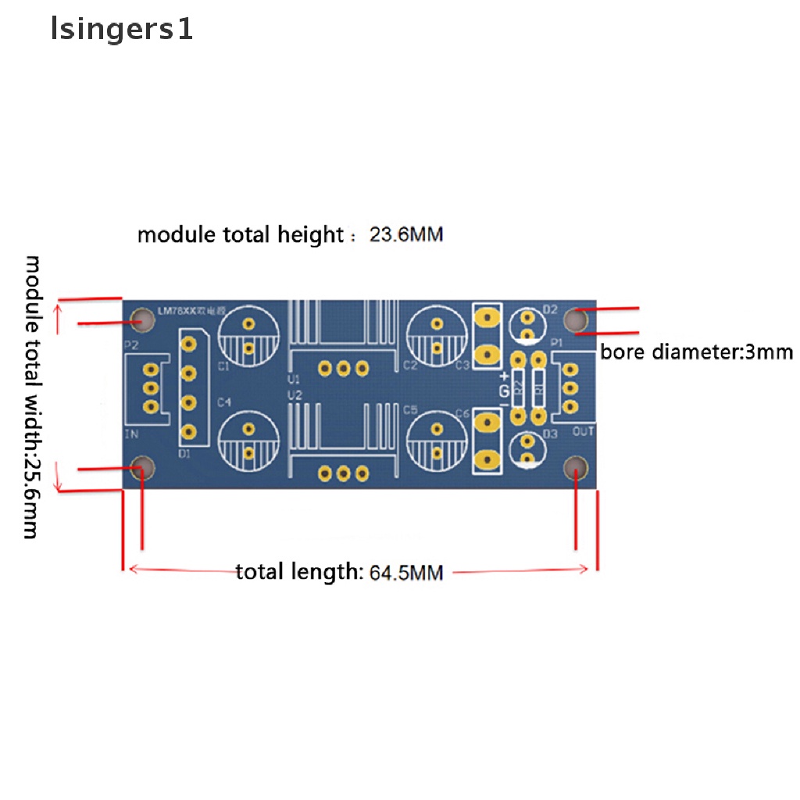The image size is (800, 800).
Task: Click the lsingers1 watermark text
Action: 121,30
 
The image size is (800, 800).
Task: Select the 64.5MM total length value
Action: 405,573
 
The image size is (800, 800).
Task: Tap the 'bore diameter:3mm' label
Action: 696,352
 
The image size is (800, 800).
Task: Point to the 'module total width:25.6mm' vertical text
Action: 33,396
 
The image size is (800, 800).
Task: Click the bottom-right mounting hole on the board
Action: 576,469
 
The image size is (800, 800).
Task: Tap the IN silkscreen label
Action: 131,434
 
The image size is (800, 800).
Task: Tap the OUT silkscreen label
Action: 584,431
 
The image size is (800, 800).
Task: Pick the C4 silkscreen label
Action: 224,402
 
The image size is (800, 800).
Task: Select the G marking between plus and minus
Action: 505,390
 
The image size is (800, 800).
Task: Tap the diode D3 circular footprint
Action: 527,450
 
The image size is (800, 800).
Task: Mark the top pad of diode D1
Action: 188,342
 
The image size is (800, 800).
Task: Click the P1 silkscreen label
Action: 557,343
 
